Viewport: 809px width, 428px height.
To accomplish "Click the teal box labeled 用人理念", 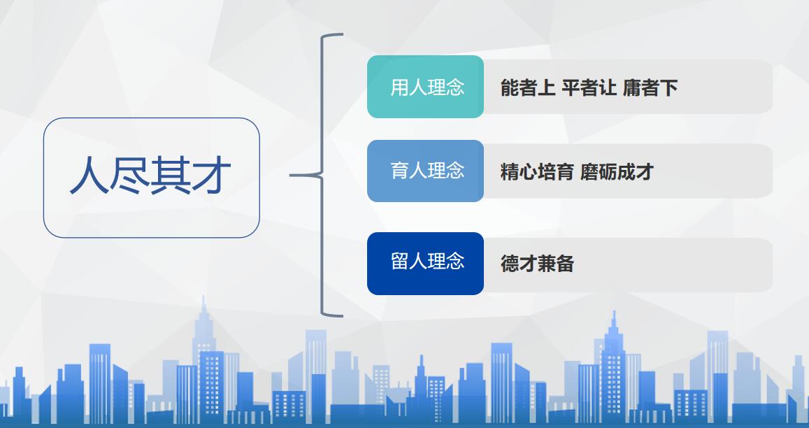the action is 425,87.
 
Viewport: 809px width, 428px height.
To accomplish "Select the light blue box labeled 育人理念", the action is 425,171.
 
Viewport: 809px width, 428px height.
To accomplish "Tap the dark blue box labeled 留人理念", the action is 425,264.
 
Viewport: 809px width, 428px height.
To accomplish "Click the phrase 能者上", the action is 528,88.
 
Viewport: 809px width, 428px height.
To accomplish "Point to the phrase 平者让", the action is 589,88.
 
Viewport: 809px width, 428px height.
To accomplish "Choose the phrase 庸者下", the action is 650,88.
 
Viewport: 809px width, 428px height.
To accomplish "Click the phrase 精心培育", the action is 537,172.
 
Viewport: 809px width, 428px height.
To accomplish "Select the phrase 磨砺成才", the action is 617,172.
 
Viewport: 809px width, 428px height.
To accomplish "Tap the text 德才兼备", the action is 537,264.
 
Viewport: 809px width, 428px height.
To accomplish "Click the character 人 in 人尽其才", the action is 90,176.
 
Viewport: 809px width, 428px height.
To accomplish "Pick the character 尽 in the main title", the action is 129,176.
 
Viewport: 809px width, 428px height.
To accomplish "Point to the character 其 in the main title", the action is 170,176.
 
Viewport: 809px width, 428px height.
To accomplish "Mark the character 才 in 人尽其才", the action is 210,176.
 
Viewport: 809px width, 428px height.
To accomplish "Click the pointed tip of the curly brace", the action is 290,176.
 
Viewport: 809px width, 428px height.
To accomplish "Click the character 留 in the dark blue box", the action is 399,262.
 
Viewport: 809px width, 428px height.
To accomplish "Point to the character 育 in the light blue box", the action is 399,171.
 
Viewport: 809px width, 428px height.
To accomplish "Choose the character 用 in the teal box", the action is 399,87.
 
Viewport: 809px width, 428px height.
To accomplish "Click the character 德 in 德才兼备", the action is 510,264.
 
